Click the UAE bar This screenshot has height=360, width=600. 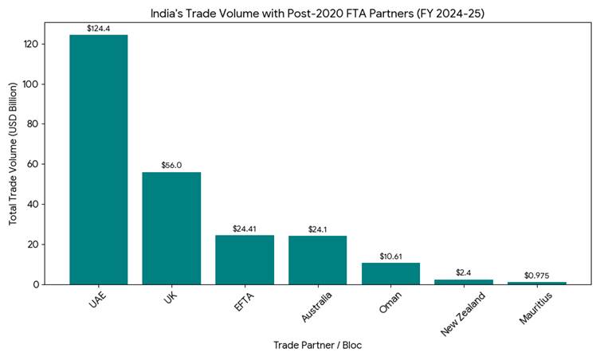click(99, 159)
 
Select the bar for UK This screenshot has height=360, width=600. click(171, 228)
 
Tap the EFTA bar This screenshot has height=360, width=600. click(245, 260)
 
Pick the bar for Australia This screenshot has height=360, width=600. click(317, 260)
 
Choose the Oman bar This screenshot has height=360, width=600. click(390, 273)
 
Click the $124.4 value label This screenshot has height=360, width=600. click(99, 29)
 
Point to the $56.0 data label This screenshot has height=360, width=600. click(171, 166)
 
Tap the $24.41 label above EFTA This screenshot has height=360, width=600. click(245, 229)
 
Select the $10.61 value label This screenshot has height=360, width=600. click(390, 256)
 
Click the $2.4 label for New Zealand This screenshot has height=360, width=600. click(463, 273)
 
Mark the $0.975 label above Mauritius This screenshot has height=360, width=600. click(536, 276)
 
